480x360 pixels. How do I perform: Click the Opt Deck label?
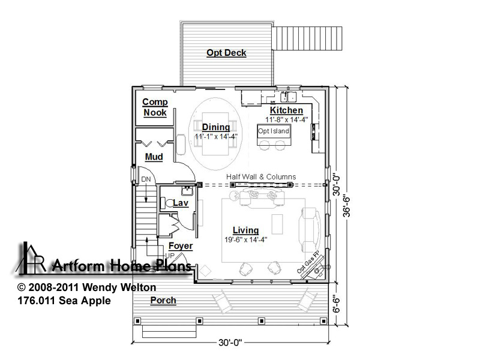pyautogui.click(x=226, y=53)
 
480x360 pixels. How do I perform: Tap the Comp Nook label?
pyautogui.click(x=155, y=107)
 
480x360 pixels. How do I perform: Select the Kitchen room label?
pyautogui.click(x=287, y=110)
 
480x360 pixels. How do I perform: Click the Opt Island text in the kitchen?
pyautogui.click(x=274, y=131)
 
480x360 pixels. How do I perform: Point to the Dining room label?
pyautogui.click(x=216, y=127)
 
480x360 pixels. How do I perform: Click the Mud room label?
pyautogui.click(x=154, y=157)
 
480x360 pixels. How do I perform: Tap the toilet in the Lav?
pyautogui.click(x=167, y=203)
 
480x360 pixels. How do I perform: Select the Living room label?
pyautogui.click(x=245, y=230)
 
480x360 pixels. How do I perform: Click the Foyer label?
pyautogui.click(x=181, y=246)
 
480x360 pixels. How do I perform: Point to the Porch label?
pyautogui.click(x=163, y=301)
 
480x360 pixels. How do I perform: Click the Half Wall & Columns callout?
pyautogui.click(x=261, y=176)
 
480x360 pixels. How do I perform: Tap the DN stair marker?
pyautogui.click(x=146, y=179)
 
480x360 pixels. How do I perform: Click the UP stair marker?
pyautogui.click(x=170, y=256)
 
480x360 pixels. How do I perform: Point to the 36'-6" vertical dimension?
pyautogui.click(x=346, y=206)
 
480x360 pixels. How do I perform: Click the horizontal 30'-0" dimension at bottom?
pyautogui.click(x=230, y=342)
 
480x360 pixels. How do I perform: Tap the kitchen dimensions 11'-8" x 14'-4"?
pyautogui.click(x=287, y=119)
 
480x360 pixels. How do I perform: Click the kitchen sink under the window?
pyautogui.click(x=289, y=97)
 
